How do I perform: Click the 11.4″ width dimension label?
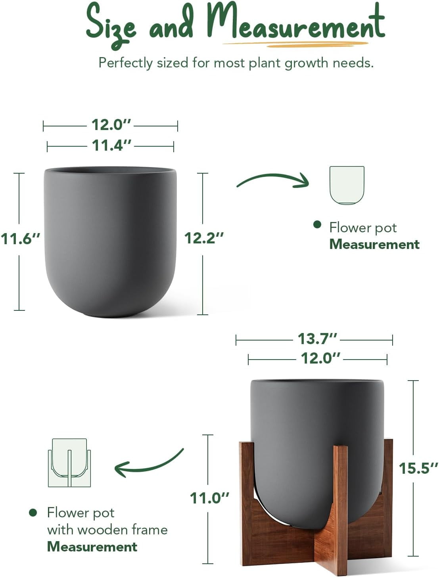tap(111, 145)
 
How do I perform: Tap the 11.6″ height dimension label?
tap(21, 239)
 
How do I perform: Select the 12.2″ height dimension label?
tap(204, 238)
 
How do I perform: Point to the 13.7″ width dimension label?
tap(317, 339)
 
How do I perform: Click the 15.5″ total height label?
tap(418, 468)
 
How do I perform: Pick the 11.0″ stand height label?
tap(209, 498)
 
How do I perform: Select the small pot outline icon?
tap(347, 185)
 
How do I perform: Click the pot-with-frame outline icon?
tap(69, 463)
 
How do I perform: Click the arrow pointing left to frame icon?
tap(149, 463)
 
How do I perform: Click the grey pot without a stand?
tap(110, 242)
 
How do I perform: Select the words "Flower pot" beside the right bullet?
tap(363, 228)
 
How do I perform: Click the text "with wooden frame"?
tap(107, 530)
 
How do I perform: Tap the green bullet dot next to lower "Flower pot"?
tap(33, 513)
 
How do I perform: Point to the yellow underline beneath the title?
tap(295, 44)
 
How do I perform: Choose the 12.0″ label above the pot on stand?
tap(320, 358)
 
